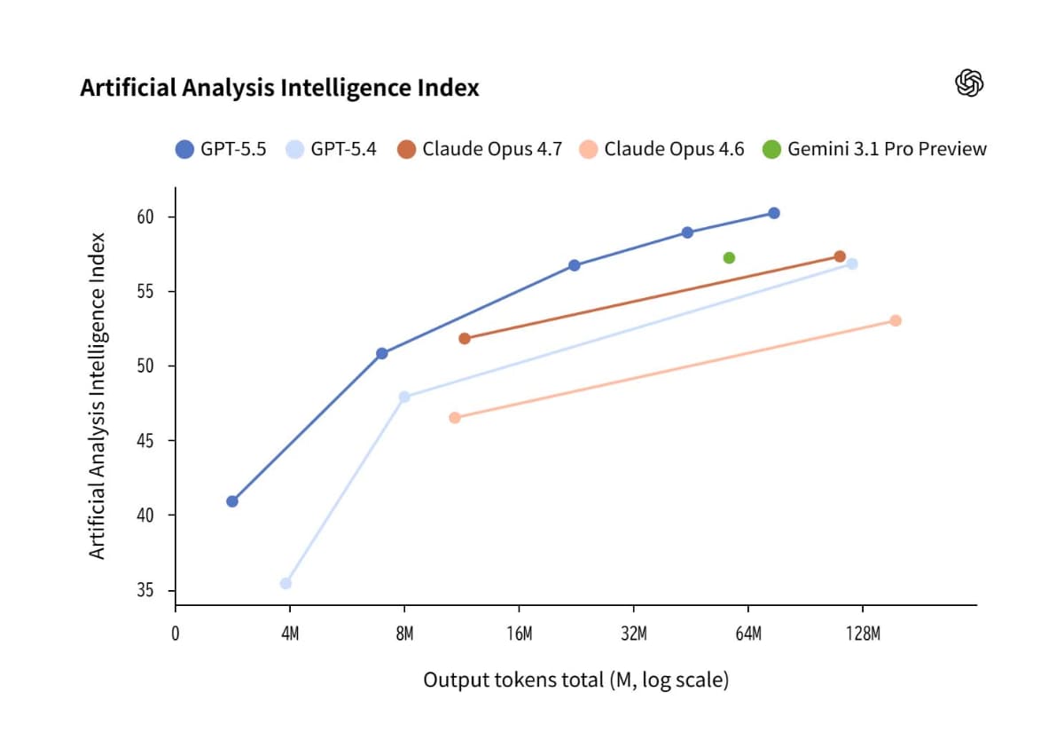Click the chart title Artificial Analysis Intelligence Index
pos(279,88)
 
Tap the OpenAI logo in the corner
pos(969,83)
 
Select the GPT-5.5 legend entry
pos(221,149)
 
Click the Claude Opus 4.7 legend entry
pos(480,149)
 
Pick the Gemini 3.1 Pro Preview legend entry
pos(874,149)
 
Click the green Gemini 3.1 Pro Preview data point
pos(729,258)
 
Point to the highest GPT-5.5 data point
pos(774,213)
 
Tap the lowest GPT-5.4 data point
pos(286,583)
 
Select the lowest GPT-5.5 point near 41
pos(232,501)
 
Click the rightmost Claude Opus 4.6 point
pos(896,320)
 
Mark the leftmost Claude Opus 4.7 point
pos(465,338)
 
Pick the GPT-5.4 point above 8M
pos(404,397)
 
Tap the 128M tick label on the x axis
pos(863,634)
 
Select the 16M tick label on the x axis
pos(519,634)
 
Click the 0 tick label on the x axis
pos(176,634)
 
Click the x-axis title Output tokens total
pos(575,681)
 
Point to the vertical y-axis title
pos(98,396)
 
